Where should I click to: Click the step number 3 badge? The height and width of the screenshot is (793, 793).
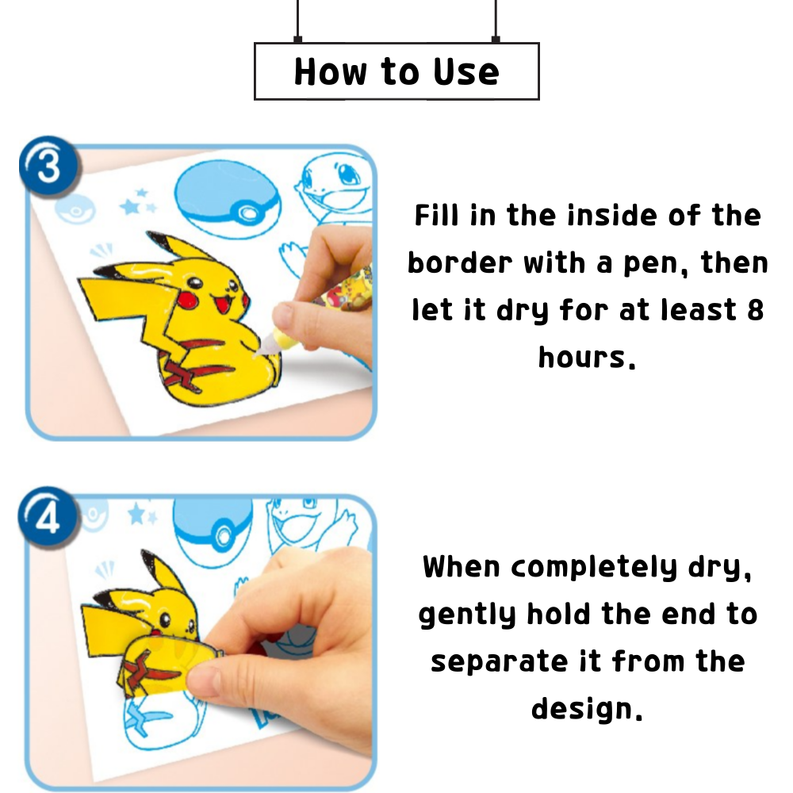[49, 168]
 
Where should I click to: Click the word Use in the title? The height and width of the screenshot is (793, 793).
[466, 71]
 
